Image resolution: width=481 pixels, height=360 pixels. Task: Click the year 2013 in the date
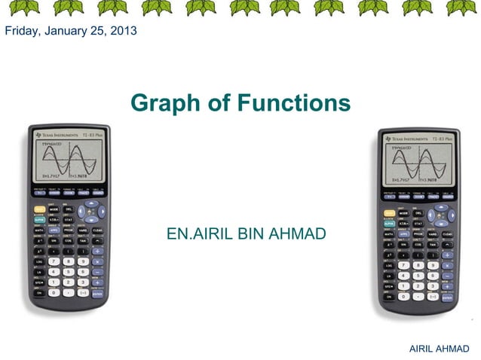coord(121,31)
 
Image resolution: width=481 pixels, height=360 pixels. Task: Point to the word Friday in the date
coord(21,31)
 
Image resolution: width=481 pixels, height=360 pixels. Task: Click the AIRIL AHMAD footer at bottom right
coord(438,348)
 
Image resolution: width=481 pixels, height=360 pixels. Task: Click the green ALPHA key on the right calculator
coord(389,224)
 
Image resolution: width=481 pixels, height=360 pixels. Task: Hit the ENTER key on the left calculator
coord(97,293)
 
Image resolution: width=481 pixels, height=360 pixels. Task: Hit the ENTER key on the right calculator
coord(447,297)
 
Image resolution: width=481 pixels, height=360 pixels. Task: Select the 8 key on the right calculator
coord(418,265)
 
